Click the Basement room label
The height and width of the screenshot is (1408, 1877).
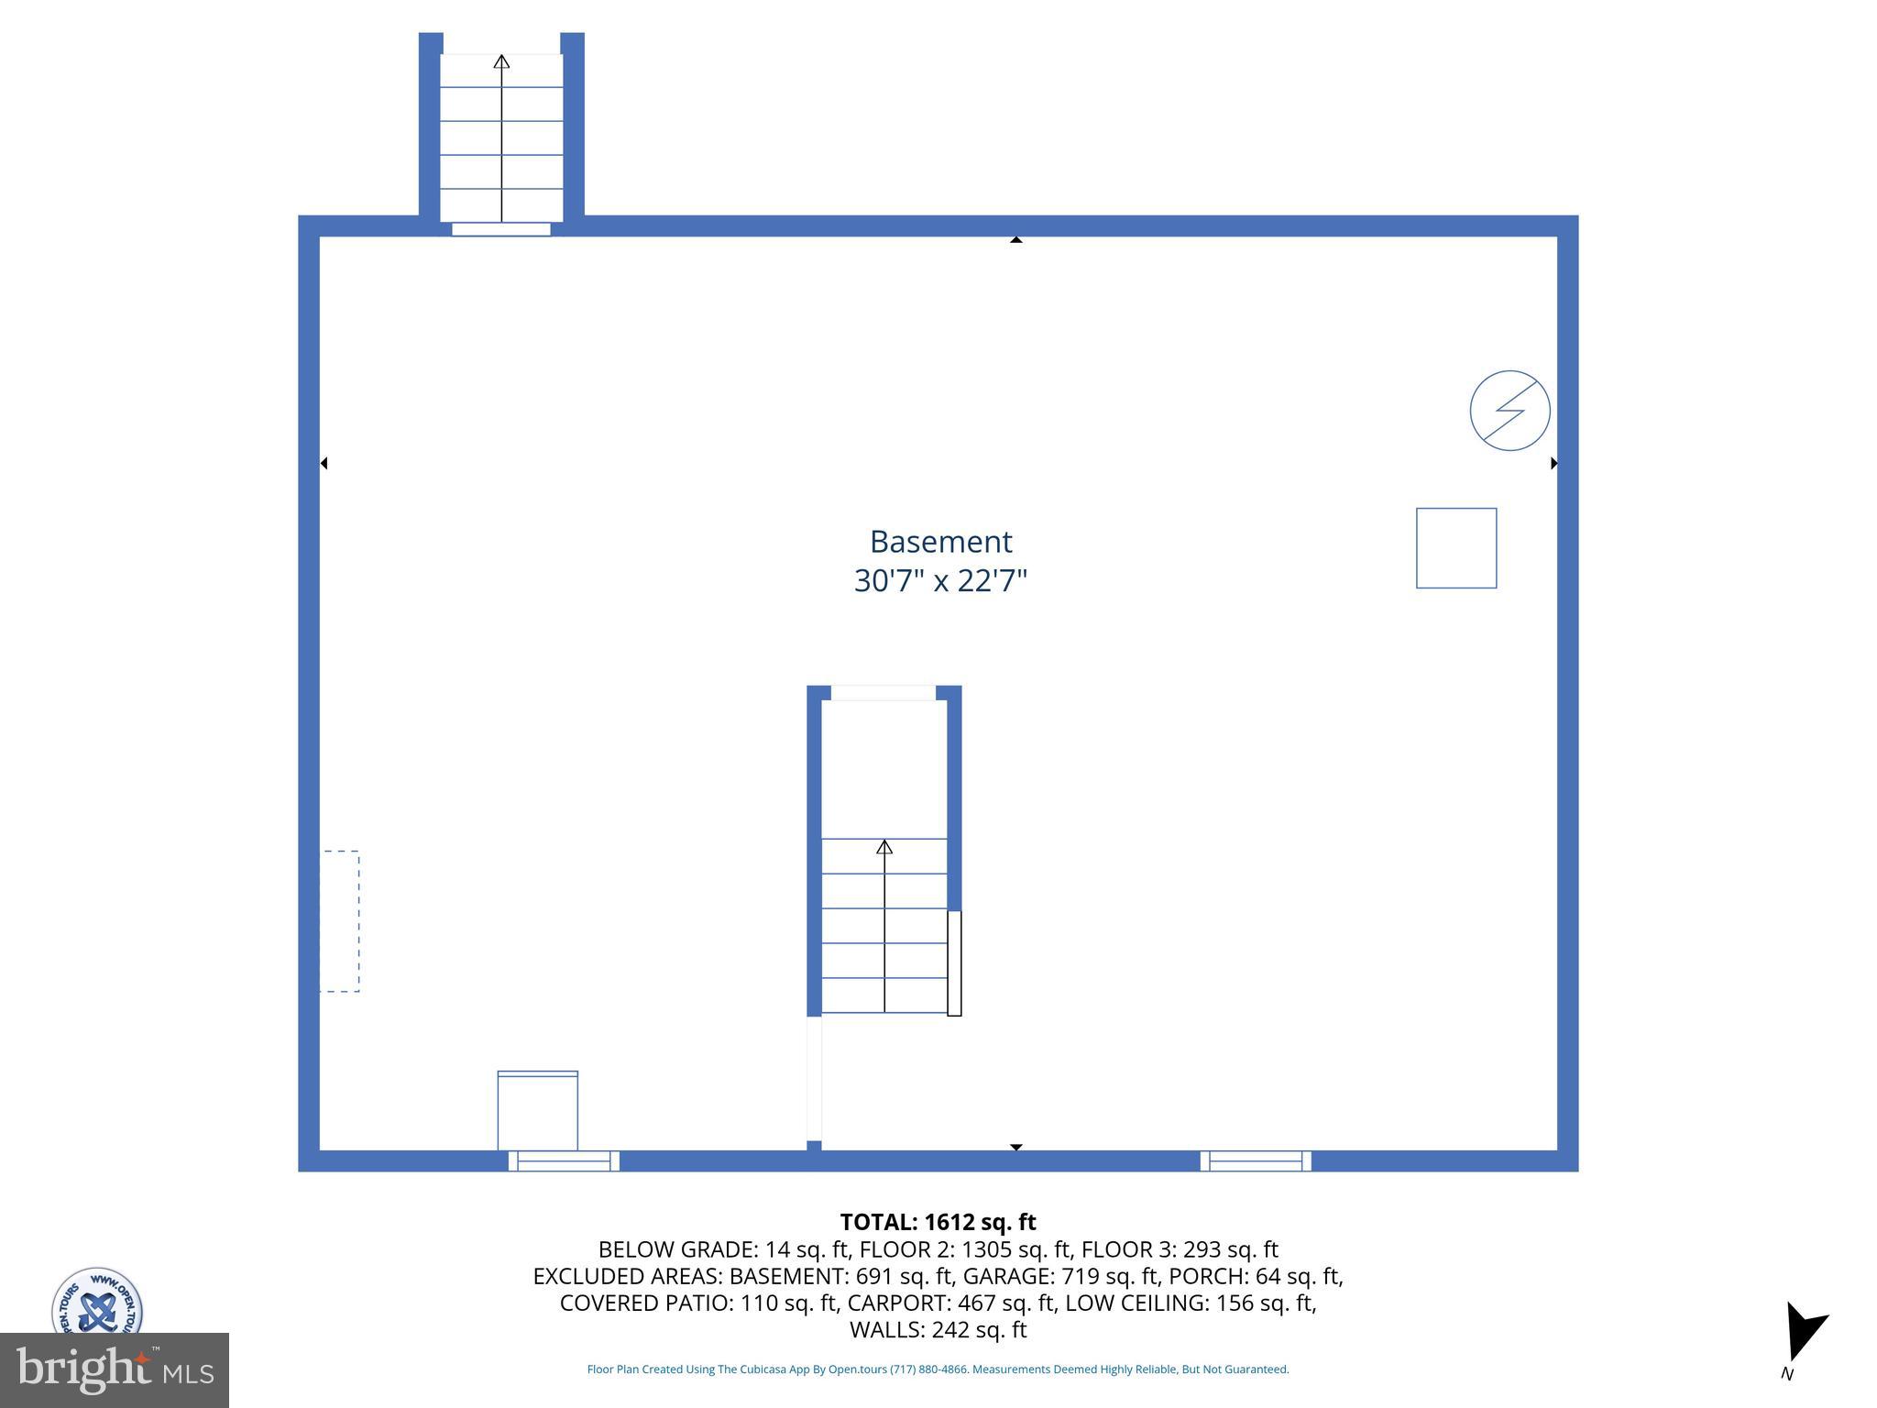(940, 542)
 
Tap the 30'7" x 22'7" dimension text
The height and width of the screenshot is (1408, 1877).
(940, 581)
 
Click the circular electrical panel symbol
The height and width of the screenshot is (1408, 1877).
(1509, 411)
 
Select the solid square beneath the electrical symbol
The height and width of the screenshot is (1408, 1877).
(1456, 548)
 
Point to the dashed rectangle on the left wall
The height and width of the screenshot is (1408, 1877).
(340, 921)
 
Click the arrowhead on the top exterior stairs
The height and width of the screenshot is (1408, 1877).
(501, 62)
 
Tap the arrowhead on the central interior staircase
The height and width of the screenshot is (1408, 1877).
(884, 847)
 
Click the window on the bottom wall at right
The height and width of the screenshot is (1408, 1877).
(1256, 1160)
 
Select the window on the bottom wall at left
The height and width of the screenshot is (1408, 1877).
(564, 1160)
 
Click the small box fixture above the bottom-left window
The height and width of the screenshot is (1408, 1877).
(538, 1110)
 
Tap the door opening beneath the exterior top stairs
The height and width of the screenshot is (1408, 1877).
(501, 229)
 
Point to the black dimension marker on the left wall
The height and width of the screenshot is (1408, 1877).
(324, 463)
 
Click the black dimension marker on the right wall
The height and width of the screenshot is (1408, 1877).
(1553, 463)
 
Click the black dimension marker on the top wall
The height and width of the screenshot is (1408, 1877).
(1015, 240)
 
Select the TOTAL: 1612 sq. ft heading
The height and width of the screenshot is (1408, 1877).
(938, 1222)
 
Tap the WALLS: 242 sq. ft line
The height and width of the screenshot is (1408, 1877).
(938, 1329)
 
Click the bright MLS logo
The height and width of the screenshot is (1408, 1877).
(115, 1369)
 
